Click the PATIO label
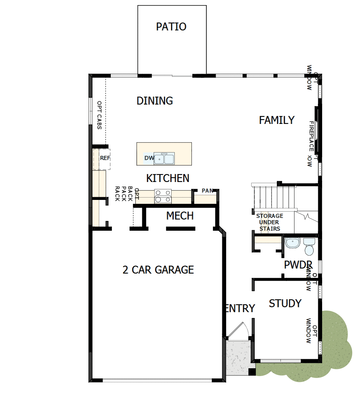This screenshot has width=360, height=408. pos(171,27)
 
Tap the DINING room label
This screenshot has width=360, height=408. pos(154,101)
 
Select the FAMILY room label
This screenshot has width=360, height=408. pos(277,120)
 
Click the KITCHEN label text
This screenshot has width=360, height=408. pos(168,178)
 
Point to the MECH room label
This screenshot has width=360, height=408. pos(180,215)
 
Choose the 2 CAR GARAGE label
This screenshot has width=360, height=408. pos(158,270)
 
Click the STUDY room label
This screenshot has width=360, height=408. pos(285,303)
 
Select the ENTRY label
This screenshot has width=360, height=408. pos(240,308)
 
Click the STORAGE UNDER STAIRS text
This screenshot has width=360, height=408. pos(270,222)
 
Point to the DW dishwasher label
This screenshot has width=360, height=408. pos(149,158)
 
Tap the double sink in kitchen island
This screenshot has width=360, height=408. pos(165,159)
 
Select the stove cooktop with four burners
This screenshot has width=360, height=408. pos(163,196)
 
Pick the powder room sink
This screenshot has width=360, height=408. pos(292,243)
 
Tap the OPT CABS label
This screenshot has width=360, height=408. pos(99,115)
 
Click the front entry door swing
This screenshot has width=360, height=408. pos(236,332)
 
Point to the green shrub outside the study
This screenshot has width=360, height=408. pos(332,343)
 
